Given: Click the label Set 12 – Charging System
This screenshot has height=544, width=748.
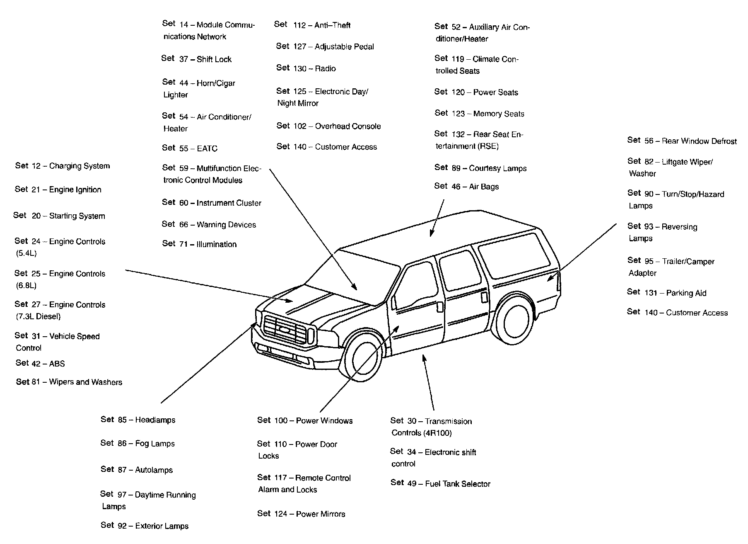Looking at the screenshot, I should (63, 166).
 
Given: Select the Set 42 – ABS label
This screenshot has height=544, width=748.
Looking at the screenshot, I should (40, 363).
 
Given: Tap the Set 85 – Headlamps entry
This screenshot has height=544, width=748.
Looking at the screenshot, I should (138, 420).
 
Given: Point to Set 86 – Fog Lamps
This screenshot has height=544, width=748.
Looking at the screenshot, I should (138, 444).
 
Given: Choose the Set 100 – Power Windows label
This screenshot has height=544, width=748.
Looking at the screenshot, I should (304, 420).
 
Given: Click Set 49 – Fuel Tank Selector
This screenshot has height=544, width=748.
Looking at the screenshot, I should (440, 483).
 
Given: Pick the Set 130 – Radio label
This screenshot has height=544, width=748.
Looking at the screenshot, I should (306, 68).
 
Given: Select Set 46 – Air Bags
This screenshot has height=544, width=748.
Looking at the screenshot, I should (466, 187).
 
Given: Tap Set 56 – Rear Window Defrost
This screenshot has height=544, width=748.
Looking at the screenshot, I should (682, 141).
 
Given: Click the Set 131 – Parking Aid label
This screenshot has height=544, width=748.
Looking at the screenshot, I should (666, 293).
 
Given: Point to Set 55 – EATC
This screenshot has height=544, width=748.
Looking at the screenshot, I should (190, 148).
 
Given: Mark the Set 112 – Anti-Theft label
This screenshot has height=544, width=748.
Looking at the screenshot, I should (312, 25).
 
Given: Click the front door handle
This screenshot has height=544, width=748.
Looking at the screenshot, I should (440, 307).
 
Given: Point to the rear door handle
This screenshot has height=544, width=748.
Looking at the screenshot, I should (485, 297).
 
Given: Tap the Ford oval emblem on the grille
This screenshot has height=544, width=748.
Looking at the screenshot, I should (285, 330).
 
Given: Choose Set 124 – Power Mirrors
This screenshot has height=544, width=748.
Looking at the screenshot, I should (301, 514).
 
